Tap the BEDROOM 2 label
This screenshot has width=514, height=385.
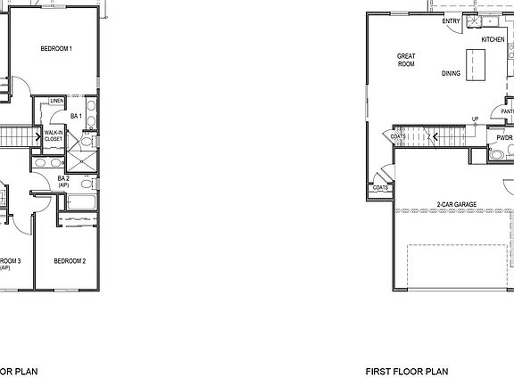(70, 261)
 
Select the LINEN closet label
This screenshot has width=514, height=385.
(56, 102)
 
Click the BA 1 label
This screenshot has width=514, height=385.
(76, 117)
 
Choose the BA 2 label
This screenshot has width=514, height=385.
(63, 181)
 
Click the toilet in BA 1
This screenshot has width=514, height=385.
(87, 141)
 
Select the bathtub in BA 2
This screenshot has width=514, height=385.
(80, 204)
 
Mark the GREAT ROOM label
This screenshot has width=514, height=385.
(406, 60)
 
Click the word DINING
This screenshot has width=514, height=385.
(451, 73)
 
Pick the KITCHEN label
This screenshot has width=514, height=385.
(493, 40)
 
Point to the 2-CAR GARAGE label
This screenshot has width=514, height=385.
(456, 204)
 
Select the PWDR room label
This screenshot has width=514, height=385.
(504, 138)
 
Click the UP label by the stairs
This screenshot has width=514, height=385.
(475, 119)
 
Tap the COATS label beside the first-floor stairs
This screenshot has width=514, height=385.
(398, 136)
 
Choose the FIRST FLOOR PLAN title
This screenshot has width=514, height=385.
(406, 371)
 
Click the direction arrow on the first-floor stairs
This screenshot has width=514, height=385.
(431, 136)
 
